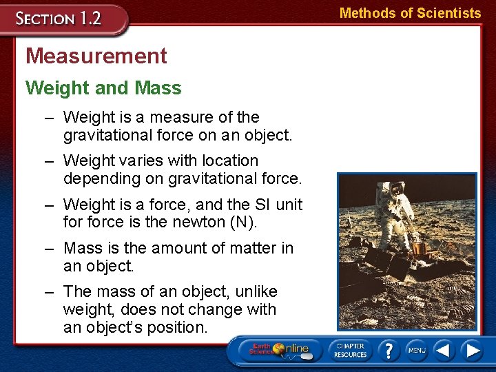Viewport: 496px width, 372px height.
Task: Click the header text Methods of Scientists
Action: coord(410,13)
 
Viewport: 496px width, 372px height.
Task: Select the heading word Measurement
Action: coord(96,56)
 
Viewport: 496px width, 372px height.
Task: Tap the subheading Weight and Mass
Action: coord(103,88)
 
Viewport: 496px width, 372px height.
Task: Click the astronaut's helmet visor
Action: coord(397,187)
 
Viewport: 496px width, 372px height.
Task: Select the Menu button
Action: coord(416,350)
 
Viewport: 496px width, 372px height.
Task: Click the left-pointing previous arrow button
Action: coord(444,350)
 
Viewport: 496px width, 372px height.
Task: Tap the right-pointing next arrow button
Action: coord(473,350)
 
